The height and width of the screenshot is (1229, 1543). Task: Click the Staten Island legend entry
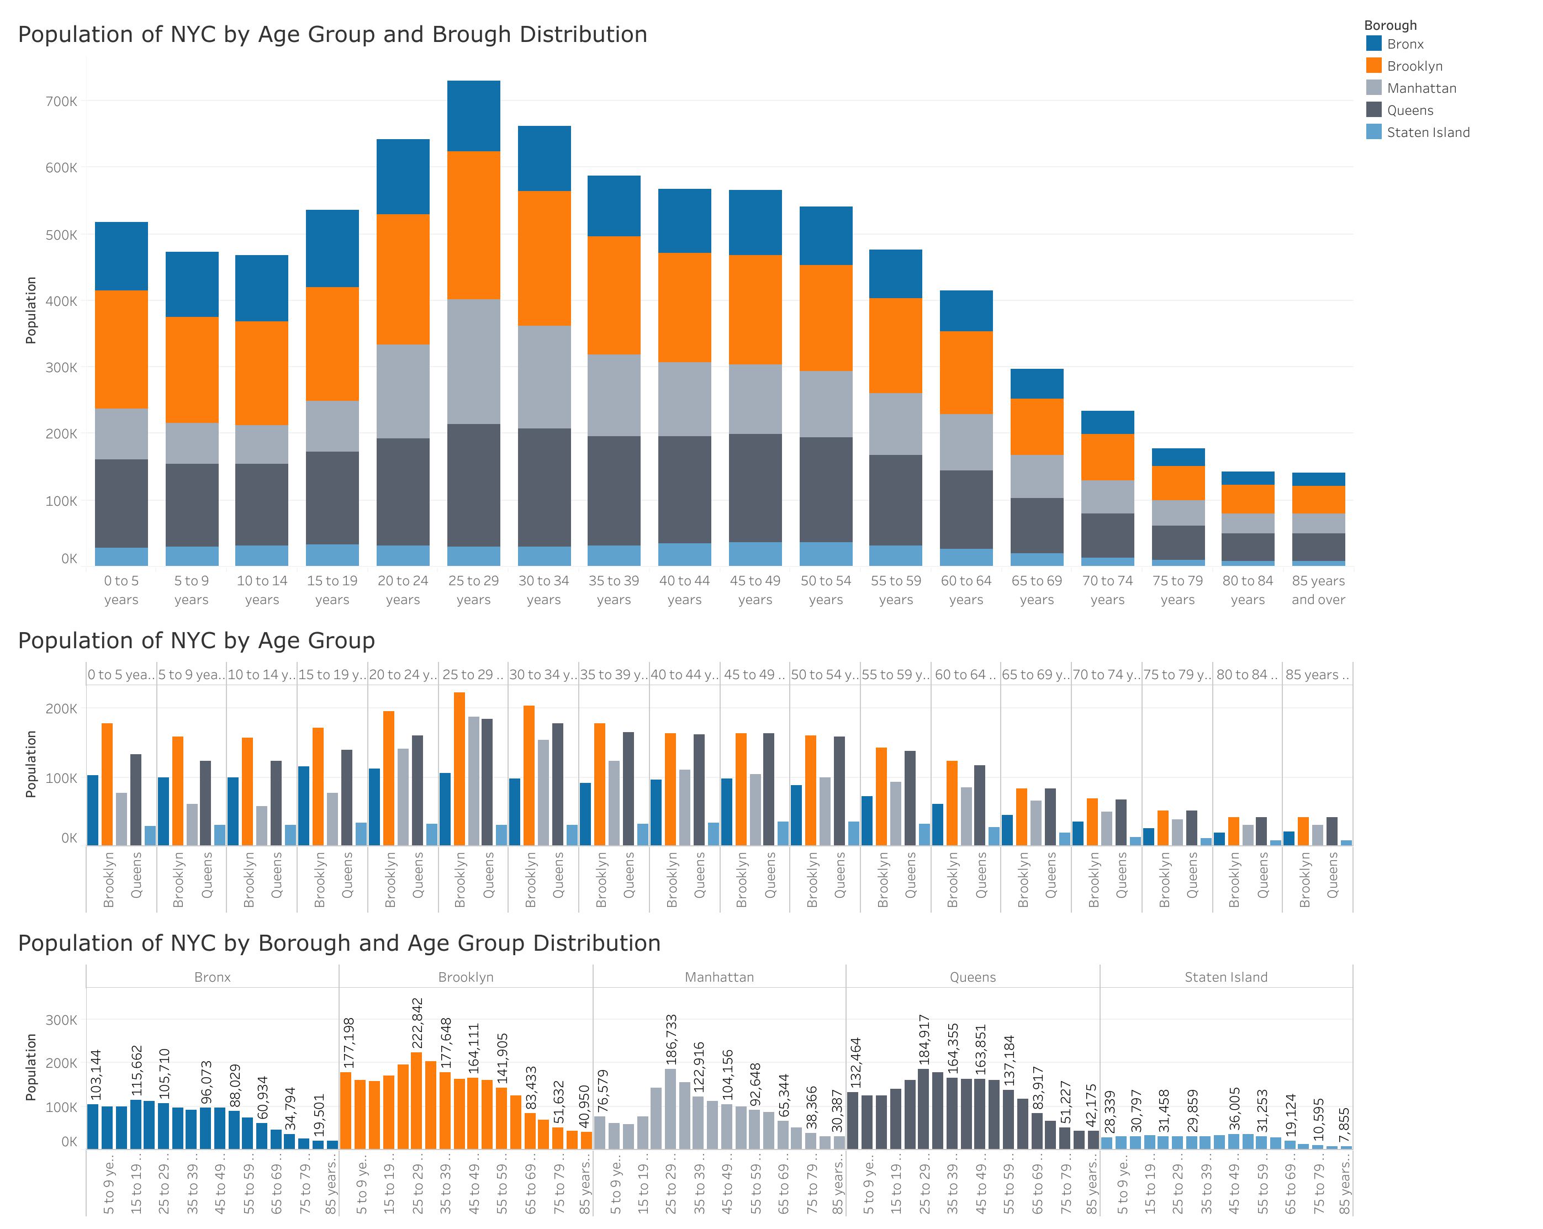[1427, 133]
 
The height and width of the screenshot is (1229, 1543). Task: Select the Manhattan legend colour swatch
[1373, 88]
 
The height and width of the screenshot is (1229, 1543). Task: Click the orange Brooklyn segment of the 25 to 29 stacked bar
[473, 225]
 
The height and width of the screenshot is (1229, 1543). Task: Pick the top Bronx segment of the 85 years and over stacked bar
[1318, 479]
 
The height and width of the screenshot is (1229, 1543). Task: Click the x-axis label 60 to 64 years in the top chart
[965, 590]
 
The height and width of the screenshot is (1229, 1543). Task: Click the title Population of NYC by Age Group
[196, 640]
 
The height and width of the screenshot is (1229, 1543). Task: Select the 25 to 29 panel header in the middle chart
[472, 675]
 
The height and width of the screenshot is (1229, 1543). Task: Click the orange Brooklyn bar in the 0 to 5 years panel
[107, 784]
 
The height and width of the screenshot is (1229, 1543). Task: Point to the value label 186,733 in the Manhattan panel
[670, 1040]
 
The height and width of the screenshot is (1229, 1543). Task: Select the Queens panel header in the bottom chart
[972, 977]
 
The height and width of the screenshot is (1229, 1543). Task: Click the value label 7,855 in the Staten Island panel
[1344, 1126]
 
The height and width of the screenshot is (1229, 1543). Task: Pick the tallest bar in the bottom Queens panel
[923, 1109]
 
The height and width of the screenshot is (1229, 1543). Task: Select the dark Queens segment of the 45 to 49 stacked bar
[755, 488]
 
